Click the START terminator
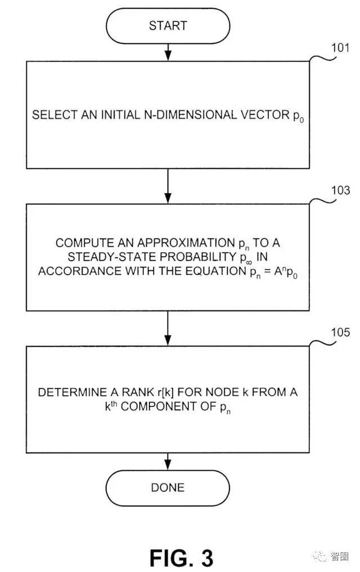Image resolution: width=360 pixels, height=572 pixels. coord(168,26)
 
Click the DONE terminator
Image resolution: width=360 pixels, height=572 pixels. coord(168,488)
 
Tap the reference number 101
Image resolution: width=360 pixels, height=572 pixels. coord(340,48)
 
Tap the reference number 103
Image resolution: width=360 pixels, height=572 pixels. coord(340,190)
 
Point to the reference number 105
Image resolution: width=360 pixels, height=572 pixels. coord(340,332)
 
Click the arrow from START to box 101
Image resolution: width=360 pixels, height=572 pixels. coord(168,52)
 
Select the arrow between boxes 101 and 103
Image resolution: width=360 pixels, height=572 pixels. coord(168,186)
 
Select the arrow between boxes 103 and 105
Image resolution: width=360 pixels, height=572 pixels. coord(168,328)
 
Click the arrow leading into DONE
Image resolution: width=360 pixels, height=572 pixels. coord(168,462)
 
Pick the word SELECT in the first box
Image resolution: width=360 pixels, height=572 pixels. coord(55,115)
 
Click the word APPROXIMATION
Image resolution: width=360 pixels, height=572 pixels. coord(187,243)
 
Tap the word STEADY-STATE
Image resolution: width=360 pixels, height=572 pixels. coord(112,257)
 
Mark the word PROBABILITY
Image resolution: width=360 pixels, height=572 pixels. coord(199,257)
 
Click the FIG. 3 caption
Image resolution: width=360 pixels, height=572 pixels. coord(181,557)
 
